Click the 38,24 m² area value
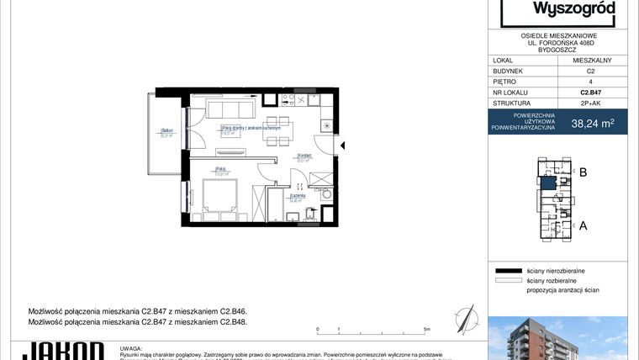[x=593, y=123]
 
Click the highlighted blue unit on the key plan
[x=547, y=183]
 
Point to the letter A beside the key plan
[x=583, y=225]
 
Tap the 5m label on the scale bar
[x=429, y=329]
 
